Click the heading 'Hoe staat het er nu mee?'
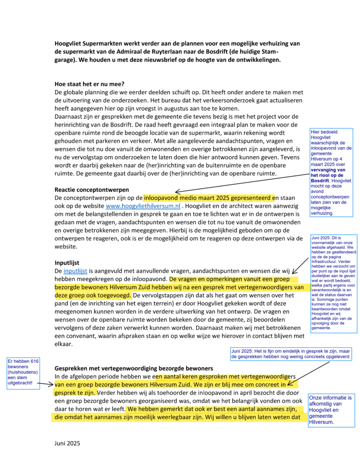[90, 83]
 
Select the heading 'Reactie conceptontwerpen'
[91, 189]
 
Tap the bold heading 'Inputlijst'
[67, 263]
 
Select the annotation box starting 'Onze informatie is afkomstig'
[331, 410]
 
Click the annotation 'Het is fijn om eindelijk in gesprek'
[291, 354]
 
